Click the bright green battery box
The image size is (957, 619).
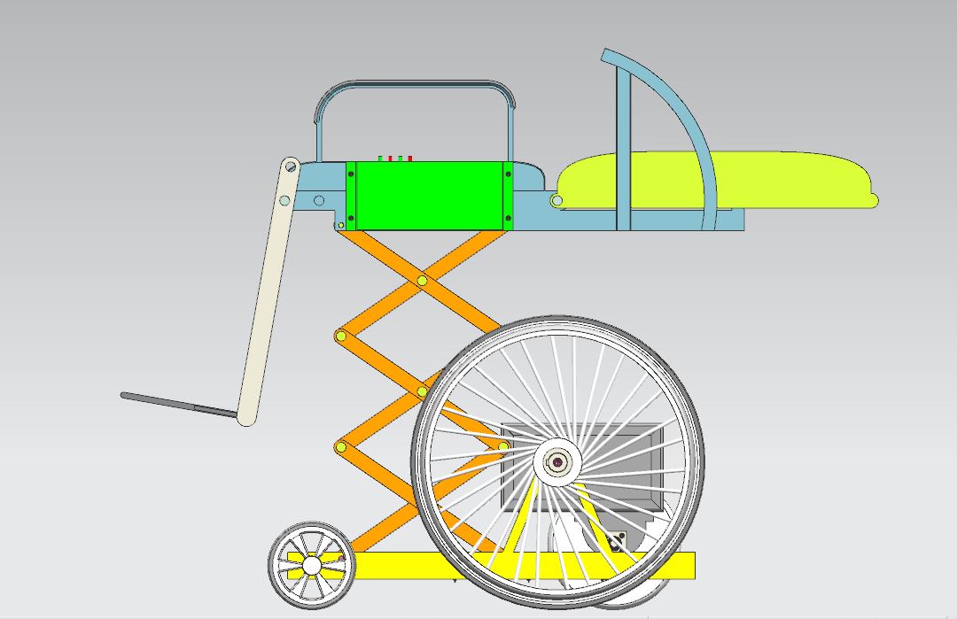(x=430, y=195)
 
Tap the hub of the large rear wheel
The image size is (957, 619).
(x=558, y=462)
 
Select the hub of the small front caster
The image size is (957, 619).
(x=312, y=564)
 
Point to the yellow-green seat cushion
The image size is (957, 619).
(x=753, y=178)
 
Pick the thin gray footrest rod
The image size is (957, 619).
(x=177, y=404)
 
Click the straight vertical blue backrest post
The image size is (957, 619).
(x=624, y=151)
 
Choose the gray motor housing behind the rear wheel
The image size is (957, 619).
(x=638, y=443)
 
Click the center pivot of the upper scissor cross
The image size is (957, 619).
(x=422, y=282)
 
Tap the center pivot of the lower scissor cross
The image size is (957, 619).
(x=423, y=391)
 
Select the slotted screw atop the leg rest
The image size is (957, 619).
(x=290, y=166)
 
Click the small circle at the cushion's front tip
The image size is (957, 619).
(x=556, y=201)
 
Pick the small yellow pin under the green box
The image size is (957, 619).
(x=340, y=226)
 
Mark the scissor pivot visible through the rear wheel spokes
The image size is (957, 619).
(x=503, y=446)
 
